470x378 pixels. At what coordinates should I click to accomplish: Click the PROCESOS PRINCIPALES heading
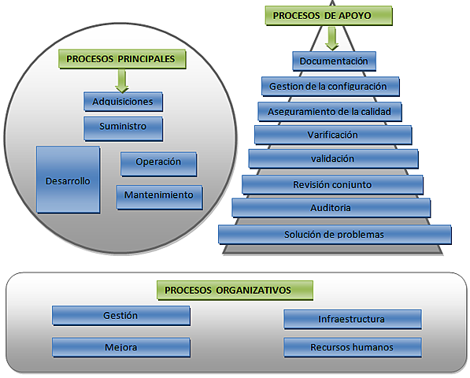coord(121,58)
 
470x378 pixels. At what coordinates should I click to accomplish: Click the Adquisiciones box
coord(123,102)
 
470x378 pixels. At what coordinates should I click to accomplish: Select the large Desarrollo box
coord(68,180)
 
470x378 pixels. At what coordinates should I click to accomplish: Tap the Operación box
coord(158,163)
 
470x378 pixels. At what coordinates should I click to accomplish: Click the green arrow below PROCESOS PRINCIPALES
coord(122,80)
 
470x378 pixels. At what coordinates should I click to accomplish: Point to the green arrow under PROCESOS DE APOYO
coord(332,38)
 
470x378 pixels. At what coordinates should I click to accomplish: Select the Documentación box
coord(334,61)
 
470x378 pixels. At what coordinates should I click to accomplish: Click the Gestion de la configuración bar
coord(330,86)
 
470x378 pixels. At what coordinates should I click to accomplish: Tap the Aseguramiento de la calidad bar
coord(330,111)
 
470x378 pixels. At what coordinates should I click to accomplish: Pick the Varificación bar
coord(332,135)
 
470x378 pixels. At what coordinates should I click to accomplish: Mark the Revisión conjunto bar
coord(332,184)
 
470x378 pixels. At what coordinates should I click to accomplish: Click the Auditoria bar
coord(331,208)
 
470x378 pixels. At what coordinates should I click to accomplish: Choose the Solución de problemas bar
coord(335,234)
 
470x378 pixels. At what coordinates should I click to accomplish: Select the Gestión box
coord(120,315)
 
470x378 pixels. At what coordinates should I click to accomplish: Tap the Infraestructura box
coord(352,319)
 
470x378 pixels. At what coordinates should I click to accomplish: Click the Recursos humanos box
coord(352,346)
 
